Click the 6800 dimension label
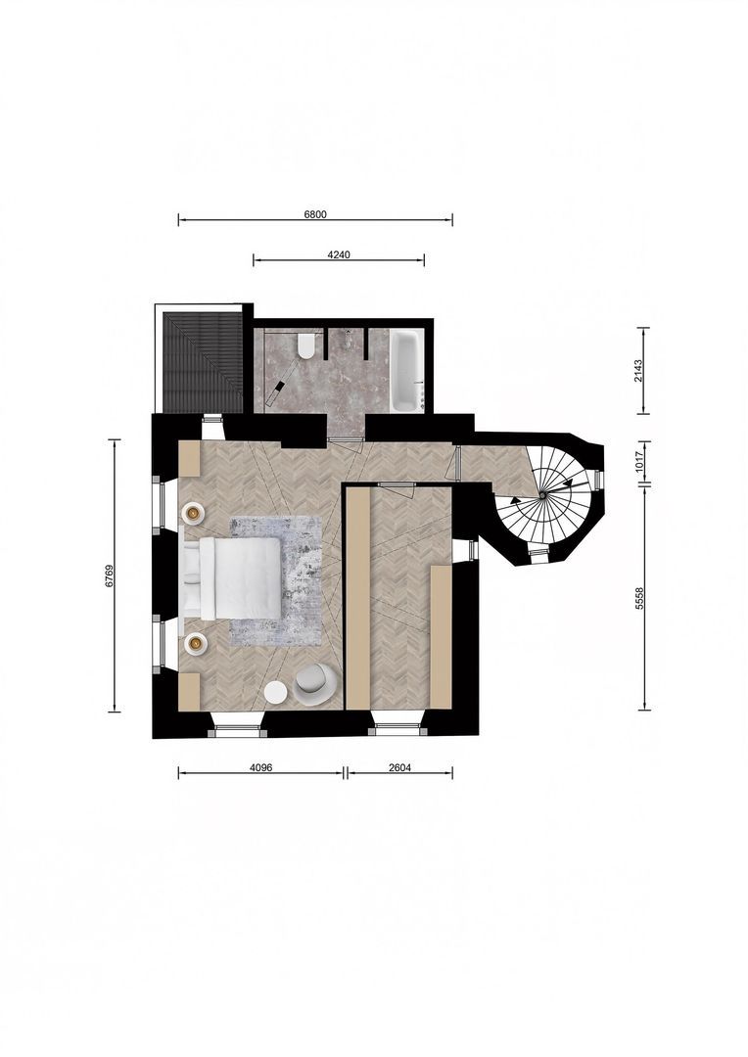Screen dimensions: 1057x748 (x=315, y=212)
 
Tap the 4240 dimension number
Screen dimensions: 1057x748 (x=339, y=254)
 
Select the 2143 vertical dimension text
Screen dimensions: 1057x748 (x=638, y=370)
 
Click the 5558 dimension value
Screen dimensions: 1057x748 (x=638, y=598)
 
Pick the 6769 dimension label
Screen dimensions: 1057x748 (x=110, y=575)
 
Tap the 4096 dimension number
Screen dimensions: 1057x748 (x=260, y=767)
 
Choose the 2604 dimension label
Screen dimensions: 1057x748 (x=399, y=767)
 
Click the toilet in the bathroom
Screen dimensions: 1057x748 (x=305, y=345)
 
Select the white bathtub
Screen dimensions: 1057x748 (x=406, y=370)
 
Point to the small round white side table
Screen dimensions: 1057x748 (x=276, y=693)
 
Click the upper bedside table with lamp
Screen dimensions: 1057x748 (x=194, y=512)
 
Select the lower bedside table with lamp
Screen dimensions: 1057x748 (x=196, y=643)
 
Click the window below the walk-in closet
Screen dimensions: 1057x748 (x=397, y=727)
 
